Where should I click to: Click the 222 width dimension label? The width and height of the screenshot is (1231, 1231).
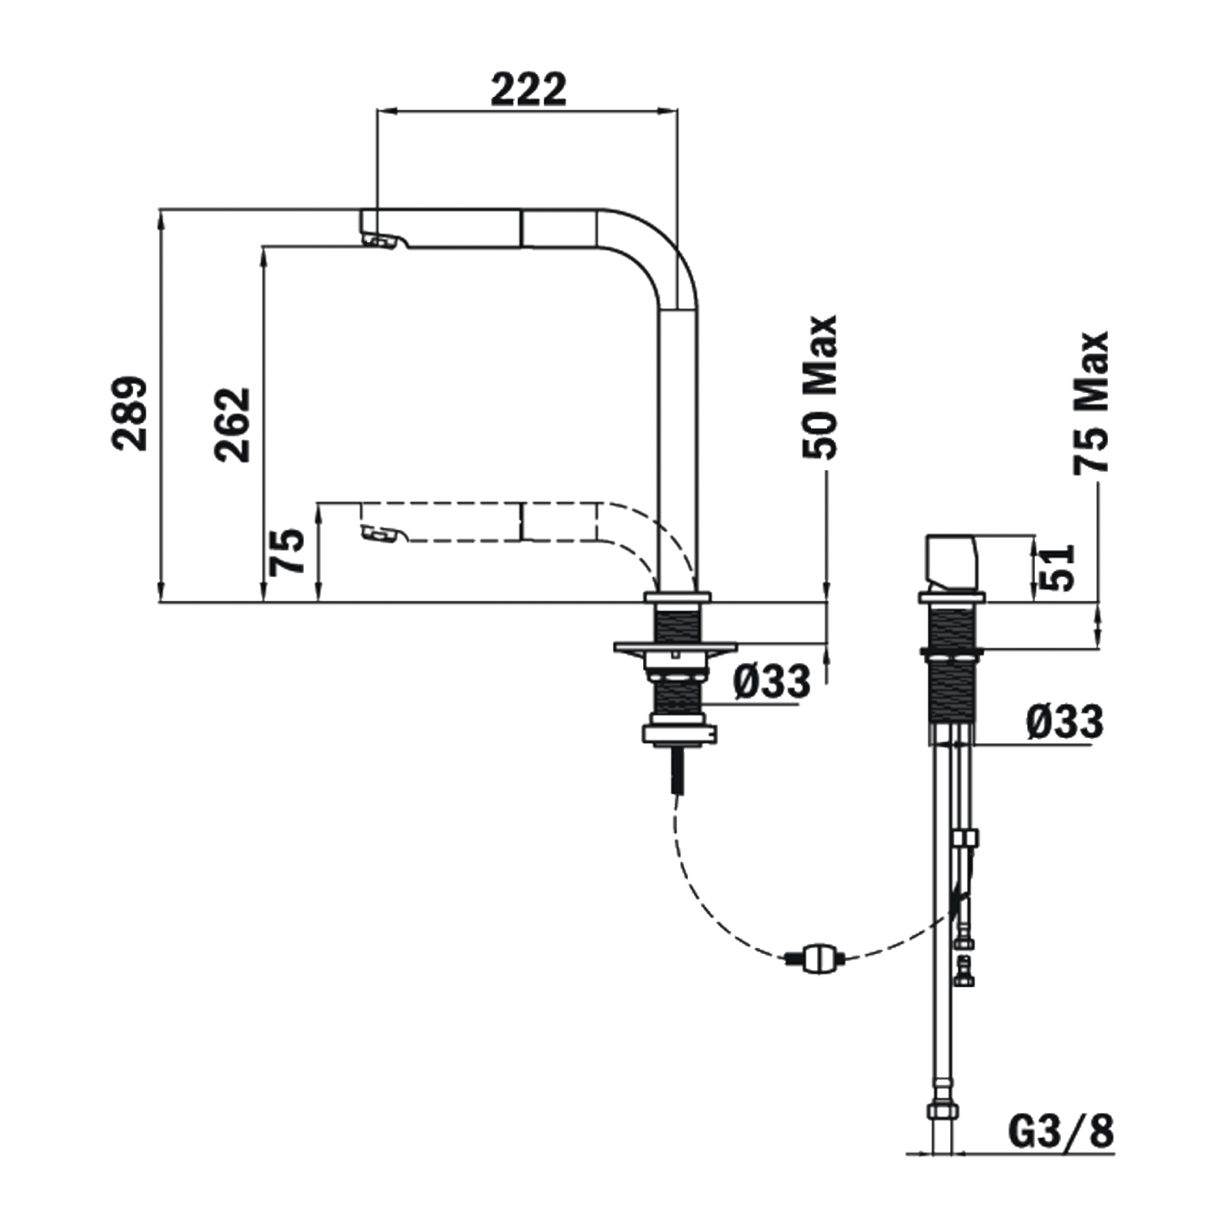tap(528, 90)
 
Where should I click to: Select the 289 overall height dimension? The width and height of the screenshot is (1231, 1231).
tap(129, 412)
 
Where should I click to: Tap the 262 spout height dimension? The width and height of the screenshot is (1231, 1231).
tap(233, 424)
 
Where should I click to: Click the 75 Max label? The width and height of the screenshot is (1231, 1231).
tap(1091, 401)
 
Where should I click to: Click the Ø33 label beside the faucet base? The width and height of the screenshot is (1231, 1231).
tap(772, 681)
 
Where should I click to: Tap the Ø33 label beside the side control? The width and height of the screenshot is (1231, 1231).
tap(1065, 722)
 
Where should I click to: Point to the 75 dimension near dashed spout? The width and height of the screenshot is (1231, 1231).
tap(287, 552)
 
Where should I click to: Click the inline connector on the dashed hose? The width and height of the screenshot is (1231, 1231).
tap(816, 958)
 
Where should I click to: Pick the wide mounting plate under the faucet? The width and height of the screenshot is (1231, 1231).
tap(675, 648)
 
